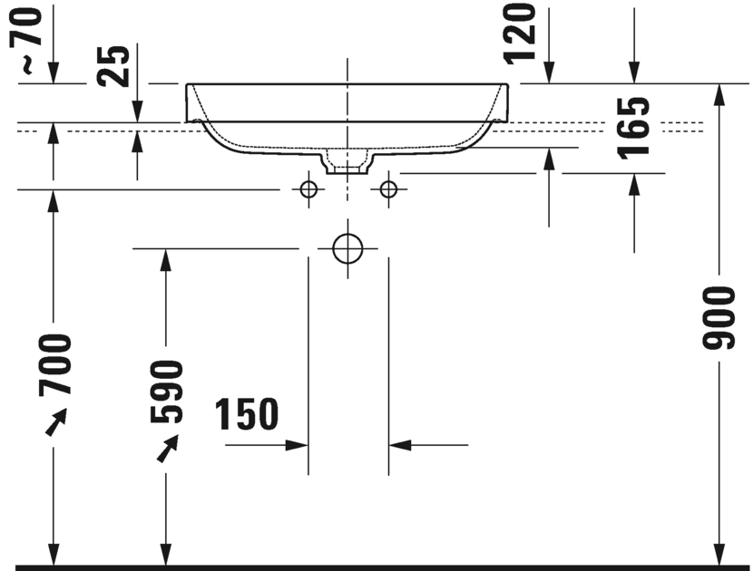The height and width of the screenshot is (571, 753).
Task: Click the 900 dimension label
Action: [x=719, y=318]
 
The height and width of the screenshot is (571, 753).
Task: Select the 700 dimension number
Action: [x=54, y=365]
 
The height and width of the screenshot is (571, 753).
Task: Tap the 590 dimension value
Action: [x=166, y=392]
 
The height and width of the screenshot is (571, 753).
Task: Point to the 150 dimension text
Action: [x=247, y=415]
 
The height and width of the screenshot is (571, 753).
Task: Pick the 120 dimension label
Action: [x=523, y=34]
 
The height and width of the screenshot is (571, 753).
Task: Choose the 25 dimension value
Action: [x=115, y=65]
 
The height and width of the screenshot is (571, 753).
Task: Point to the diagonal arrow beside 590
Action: [x=168, y=448]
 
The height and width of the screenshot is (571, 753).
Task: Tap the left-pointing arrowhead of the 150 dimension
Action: [x=400, y=444]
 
